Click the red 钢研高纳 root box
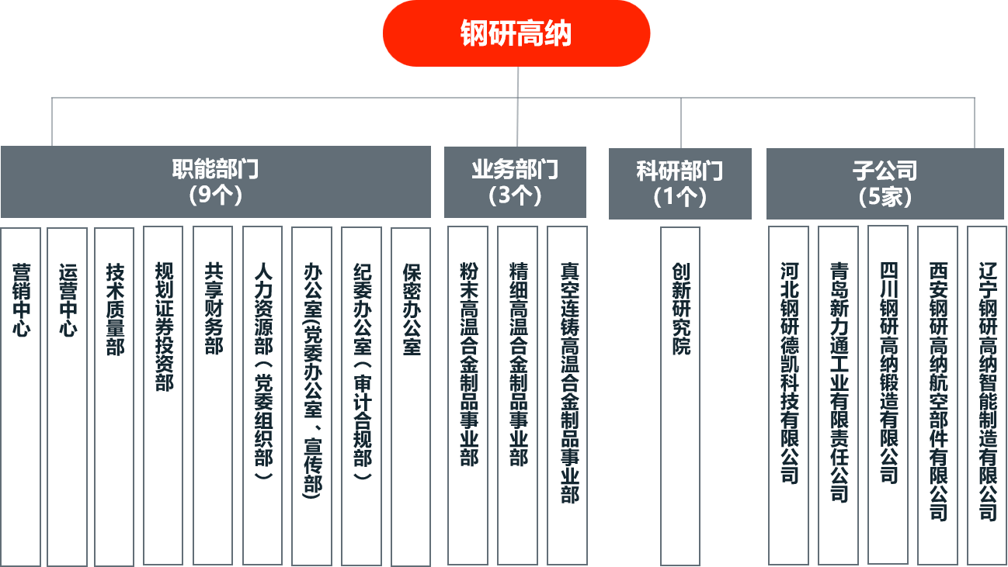516,33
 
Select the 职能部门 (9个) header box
216,182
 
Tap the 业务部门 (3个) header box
515,182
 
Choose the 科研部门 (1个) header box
680,183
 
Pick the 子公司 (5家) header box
885,183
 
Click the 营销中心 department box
21,396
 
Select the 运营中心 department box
68,396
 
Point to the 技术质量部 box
114,396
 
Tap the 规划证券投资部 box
163,396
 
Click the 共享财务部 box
213,396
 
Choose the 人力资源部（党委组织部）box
262,396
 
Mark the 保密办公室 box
411,396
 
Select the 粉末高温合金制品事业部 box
468,396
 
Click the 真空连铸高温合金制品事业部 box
568,396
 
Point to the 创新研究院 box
680,396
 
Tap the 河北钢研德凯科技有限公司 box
789,396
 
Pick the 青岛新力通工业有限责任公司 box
838,396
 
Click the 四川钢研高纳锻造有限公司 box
888,396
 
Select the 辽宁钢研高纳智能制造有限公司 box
987,396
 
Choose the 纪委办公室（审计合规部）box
361,396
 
